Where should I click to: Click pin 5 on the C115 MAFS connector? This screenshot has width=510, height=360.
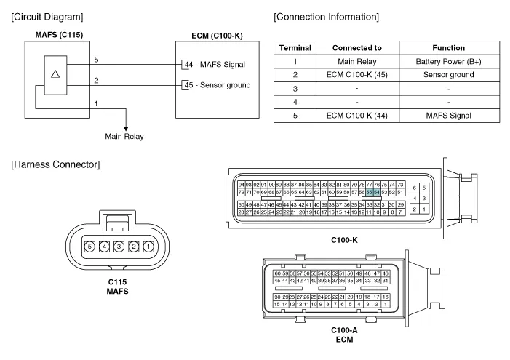pyautogui.click(x=91, y=246)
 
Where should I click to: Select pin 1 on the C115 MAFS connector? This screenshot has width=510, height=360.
pyautogui.click(x=148, y=246)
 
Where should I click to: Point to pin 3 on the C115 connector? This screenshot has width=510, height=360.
pyautogui.click(x=120, y=246)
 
